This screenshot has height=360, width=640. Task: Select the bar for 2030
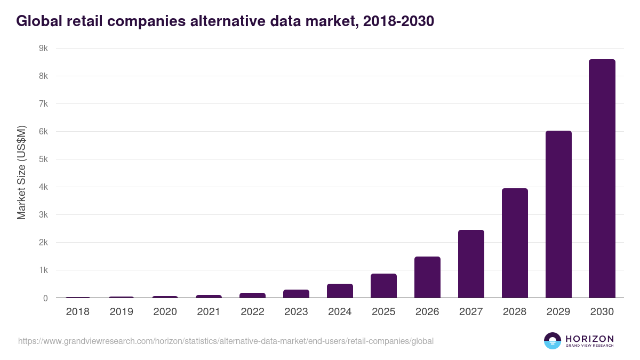pos(602,179)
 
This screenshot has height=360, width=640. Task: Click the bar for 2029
pos(558,214)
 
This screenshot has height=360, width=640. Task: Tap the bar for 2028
pos(514,243)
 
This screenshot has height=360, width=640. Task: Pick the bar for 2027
pos(470,264)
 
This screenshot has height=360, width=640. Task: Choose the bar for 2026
pos(427,277)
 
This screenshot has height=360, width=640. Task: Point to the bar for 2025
pos(383,286)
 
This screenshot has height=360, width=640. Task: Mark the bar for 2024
pos(339,291)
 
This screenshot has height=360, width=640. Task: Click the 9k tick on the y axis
pos(43,49)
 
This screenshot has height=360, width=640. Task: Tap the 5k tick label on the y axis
pos(43,159)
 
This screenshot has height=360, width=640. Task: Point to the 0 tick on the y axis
pos(45,298)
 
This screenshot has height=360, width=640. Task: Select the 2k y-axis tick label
pos(43,243)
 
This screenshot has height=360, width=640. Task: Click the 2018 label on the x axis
pos(77,312)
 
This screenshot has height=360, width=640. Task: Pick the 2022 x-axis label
pos(252,312)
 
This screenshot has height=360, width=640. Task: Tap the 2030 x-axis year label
pos(602,312)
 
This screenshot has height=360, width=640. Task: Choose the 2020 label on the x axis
pos(165,312)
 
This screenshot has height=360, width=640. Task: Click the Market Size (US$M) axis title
pos(21,173)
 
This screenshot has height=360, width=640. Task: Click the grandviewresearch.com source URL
pos(226,341)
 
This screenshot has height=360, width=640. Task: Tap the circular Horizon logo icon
pos(553,341)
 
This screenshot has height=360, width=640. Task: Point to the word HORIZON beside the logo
pos(589,339)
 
